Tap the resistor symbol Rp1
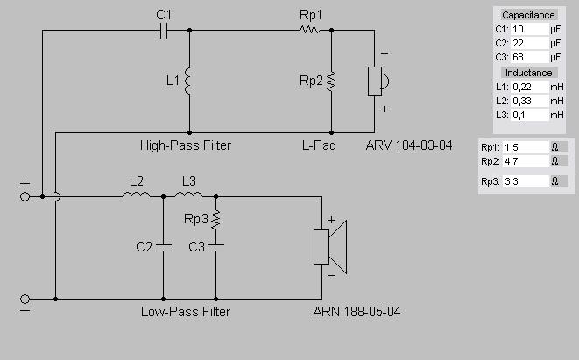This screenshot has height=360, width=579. (x=308, y=30)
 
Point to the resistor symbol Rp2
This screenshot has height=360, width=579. (x=331, y=81)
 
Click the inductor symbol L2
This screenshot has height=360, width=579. (x=136, y=195)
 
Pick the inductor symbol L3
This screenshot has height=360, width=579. (x=188, y=195)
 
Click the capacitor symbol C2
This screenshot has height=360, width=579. (x=163, y=248)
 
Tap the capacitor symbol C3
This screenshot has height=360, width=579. (x=215, y=248)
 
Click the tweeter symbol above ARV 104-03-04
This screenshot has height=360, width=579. (x=378, y=81)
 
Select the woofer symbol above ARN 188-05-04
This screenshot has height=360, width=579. (x=331, y=246)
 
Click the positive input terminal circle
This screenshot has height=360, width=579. (x=25, y=196)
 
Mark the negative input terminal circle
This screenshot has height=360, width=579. (x=25, y=299)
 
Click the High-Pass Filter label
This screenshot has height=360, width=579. (x=185, y=145)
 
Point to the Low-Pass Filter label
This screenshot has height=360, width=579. (x=185, y=312)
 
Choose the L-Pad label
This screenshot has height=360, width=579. (x=318, y=145)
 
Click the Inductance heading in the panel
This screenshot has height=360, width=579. (x=528, y=73)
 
